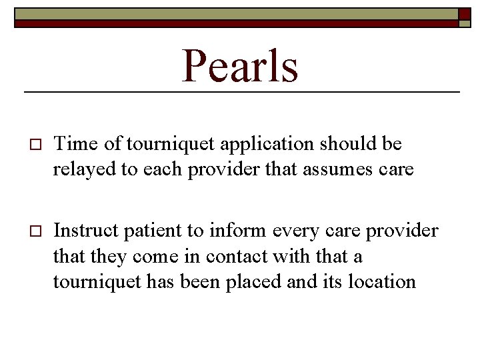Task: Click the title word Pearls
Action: click(240, 66)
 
